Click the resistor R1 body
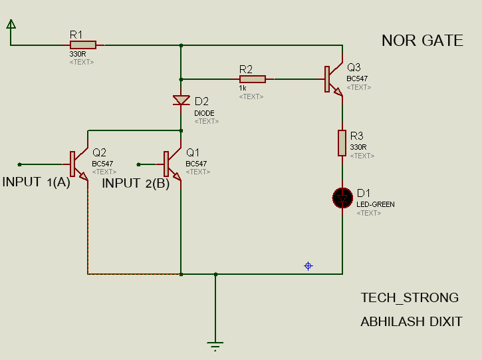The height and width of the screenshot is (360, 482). pyautogui.click(x=83, y=45)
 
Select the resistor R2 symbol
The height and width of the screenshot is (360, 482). pyautogui.click(x=253, y=79)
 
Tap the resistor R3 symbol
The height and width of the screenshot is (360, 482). pyautogui.click(x=342, y=143)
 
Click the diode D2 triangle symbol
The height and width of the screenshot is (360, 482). pyautogui.click(x=181, y=100)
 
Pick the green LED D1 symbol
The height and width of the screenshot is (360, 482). pyautogui.click(x=342, y=198)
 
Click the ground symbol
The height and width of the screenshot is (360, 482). pyautogui.click(x=215, y=346)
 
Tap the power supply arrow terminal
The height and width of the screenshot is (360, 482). pyautogui.click(x=11, y=24)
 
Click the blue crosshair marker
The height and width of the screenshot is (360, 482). pyautogui.click(x=308, y=266)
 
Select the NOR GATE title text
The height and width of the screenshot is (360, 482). pyautogui.click(x=422, y=41)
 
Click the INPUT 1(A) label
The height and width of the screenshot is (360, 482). pyautogui.click(x=37, y=182)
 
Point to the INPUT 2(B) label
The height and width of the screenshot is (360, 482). pyautogui.click(x=136, y=184)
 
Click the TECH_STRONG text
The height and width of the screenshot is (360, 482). pyautogui.click(x=410, y=298)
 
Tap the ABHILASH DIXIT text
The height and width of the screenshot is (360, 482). pyautogui.click(x=412, y=322)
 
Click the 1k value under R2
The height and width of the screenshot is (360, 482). pyautogui.click(x=243, y=88)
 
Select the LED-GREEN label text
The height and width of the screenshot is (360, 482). pyautogui.click(x=376, y=204)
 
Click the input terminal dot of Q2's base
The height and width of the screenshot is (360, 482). pyautogui.click(x=19, y=164)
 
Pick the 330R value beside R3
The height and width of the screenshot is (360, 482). pyautogui.click(x=358, y=147)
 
